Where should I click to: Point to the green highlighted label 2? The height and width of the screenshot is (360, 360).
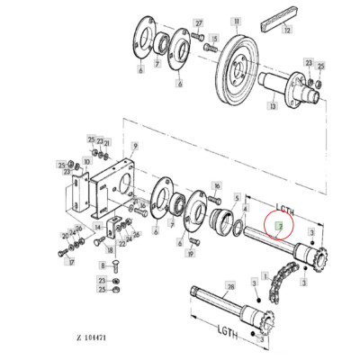[x=279, y=228]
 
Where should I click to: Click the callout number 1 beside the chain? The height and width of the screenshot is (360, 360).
[x=264, y=274]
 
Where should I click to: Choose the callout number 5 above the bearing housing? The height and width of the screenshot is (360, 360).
[x=236, y=197]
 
